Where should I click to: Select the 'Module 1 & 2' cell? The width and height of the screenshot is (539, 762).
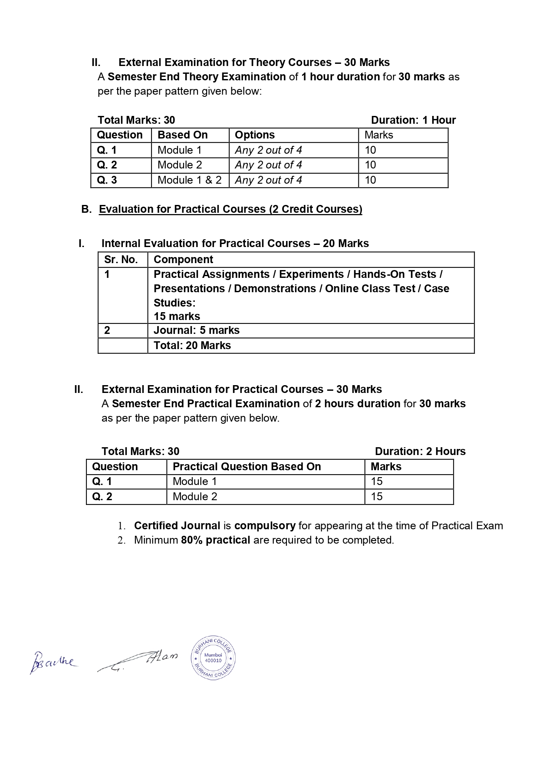coord(189,180)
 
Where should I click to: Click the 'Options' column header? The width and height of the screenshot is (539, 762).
coord(255,135)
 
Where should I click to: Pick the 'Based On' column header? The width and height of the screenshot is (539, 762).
coord(182,135)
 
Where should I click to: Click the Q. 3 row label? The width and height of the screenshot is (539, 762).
coord(107,180)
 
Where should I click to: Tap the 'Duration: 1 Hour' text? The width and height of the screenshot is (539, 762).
coord(413,120)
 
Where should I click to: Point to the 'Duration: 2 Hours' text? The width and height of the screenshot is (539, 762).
coord(420,452)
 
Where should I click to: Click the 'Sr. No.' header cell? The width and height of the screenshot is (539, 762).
coord(121,260)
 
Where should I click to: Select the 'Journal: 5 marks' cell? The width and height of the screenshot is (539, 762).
coord(196,330)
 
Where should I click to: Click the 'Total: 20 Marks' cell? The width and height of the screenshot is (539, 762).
coord(192,346)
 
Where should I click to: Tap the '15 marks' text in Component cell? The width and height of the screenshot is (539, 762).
coord(177,316)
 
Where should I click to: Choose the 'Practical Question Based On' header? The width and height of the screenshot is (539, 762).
coord(246,467)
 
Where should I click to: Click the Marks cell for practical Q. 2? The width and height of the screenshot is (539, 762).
coord(377,497)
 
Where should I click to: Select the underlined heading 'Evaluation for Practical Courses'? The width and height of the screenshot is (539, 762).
coord(230,209)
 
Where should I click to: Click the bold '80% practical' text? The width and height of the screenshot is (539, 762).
coord(215,540)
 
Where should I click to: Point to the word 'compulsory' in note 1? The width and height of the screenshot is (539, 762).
coord(265,526)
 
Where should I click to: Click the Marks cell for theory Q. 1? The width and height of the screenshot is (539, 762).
coord(370,150)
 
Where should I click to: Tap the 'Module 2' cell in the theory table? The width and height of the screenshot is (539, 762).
coord(180,165)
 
